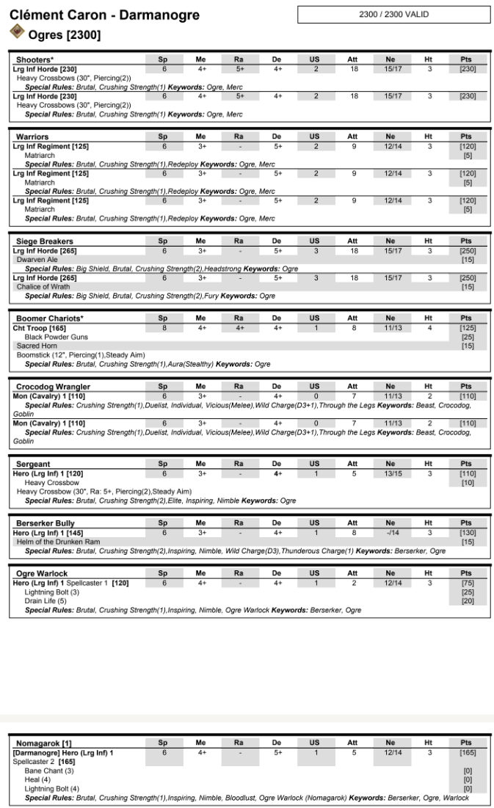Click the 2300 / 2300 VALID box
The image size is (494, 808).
point(394,15)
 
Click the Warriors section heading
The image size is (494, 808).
point(33,137)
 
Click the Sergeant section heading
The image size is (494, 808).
point(33,465)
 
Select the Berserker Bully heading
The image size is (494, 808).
point(46,523)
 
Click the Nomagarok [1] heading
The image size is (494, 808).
point(40,743)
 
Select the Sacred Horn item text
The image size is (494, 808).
point(34,346)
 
